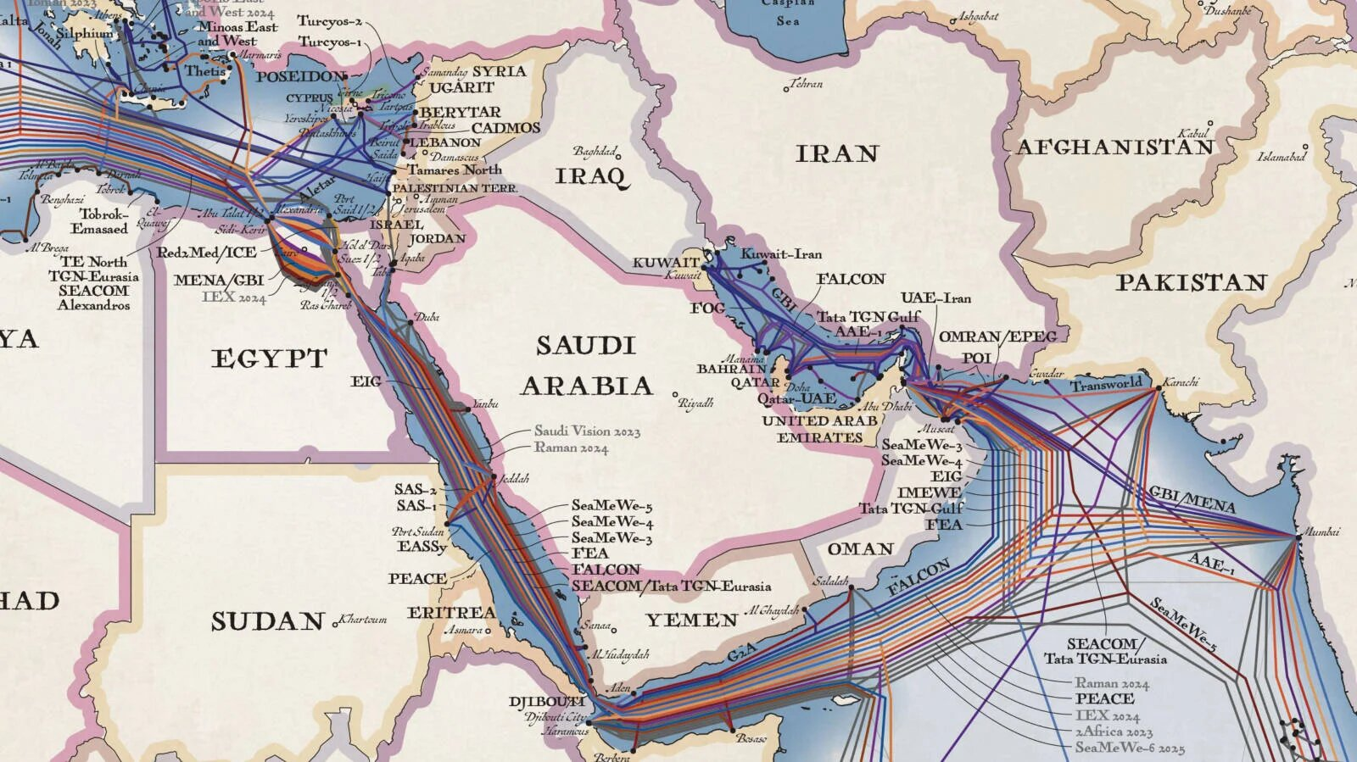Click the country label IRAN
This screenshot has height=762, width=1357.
point(836,153)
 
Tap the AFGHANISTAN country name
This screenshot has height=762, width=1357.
point(1114,147)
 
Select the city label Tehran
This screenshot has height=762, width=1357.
point(806,84)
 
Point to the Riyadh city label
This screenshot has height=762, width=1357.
point(696,403)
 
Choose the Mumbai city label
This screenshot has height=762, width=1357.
point(1321,531)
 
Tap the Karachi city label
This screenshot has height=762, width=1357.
point(1181,382)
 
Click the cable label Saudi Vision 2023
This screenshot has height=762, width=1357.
point(587,431)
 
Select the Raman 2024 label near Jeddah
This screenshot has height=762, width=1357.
point(571,448)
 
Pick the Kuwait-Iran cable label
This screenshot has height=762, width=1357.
point(780,253)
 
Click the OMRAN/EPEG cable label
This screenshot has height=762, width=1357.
point(997,337)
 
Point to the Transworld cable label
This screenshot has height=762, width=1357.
point(1106,385)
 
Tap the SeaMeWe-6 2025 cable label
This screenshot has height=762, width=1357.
point(1130,748)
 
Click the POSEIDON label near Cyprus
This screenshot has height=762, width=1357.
point(301,76)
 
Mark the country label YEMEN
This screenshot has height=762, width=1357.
point(691,620)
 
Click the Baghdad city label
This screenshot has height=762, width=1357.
point(595,152)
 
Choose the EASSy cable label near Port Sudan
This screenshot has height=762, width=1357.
point(422,547)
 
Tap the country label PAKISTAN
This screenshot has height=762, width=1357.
point(1191,282)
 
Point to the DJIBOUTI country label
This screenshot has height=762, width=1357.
point(546,702)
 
